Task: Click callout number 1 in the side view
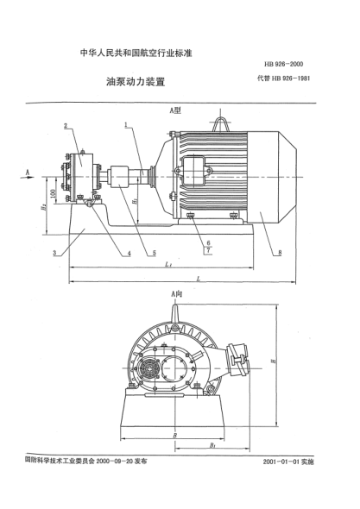[x=126, y=125]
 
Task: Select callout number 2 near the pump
[x=66, y=126]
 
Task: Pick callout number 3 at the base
[x=54, y=253]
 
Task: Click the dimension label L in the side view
[x=199, y=280]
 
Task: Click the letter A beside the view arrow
[x=28, y=172]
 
